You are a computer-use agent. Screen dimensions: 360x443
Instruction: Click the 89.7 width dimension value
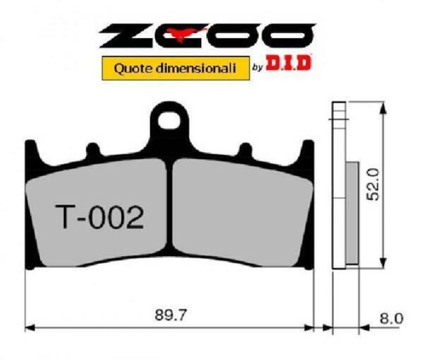point(171,315)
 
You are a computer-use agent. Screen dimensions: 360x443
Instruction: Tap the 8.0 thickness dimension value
point(392,318)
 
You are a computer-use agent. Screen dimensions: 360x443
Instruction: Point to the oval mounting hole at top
point(170,120)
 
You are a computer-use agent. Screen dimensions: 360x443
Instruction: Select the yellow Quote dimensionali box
point(175,68)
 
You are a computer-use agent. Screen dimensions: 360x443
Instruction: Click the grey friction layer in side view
point(352,213)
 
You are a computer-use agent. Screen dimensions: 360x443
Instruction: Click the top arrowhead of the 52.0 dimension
point(384,106)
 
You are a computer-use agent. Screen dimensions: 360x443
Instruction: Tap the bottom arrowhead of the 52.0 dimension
point(384,263)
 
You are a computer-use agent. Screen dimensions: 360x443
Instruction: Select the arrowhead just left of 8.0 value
point(364,328)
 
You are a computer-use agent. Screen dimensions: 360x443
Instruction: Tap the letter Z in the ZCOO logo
point(122,35)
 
